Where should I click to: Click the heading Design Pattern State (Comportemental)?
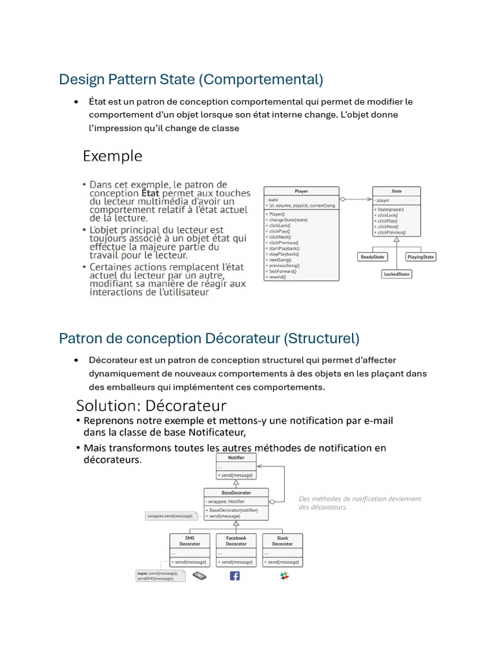pos(191,80)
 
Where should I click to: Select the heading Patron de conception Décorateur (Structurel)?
pos(209,338)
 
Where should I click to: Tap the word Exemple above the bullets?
pos(112,156)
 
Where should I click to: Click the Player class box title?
pos(301,191)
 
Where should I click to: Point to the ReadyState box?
pos(372,257)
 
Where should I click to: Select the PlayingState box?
pos(420,257)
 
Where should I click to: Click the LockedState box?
pos(397,274)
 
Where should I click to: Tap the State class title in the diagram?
pos(397,191)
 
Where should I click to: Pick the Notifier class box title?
pos(236,458)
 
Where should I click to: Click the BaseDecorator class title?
pos(236,493)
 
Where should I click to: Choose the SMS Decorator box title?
pos(189,540)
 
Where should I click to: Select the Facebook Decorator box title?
pos(236,540)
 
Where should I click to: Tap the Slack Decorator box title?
pos(282,540)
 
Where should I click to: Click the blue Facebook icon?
pos(235,575)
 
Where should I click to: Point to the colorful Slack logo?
pos(284,575)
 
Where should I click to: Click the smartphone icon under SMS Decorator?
pos(199,575)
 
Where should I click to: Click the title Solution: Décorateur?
pos(151,406)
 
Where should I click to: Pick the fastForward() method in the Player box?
pos(282,271)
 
